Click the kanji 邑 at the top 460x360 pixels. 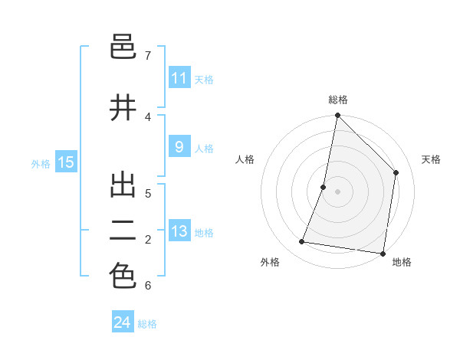pos(123,47)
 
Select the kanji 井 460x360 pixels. pos(123,108)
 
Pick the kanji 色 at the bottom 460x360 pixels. pos(123,277)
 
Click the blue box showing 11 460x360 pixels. pos(179,78)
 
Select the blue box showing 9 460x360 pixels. pos(179,148)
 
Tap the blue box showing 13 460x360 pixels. pos(179,232)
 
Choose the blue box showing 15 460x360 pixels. pos(66,162)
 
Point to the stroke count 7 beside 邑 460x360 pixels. pos(148,56)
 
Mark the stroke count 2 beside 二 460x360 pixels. pos(148,240)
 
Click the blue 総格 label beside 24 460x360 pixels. pos(147,324)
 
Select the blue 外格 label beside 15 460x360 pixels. pos(41,163)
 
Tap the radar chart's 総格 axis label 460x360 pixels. pos(338,100)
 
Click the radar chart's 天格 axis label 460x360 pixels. pos(431,159)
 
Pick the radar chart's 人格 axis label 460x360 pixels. pos(245,159)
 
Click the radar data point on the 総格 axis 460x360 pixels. pos(337,116)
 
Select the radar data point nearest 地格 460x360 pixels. pos(383,253)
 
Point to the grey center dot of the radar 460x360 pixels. pos(337,191)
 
